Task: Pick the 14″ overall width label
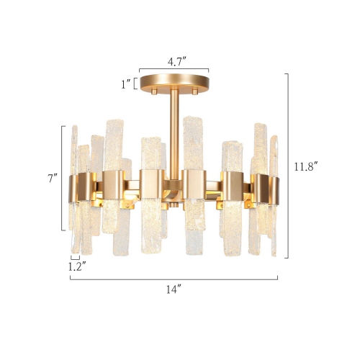coord(173,290)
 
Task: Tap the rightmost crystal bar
coord(274,194)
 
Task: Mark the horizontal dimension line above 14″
coord(173,278)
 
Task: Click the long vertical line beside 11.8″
coord(287,166)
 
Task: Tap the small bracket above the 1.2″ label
coord(75,256)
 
